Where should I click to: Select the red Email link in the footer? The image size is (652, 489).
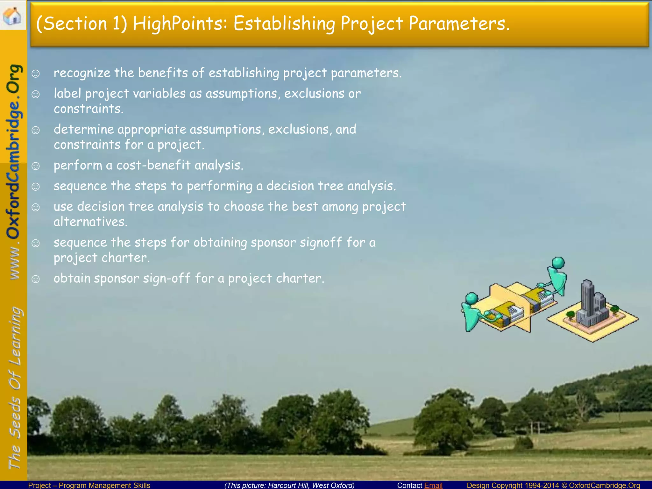pyautogui.click(x=433, y=485)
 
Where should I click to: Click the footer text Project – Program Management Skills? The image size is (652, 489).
pyautogui.click(x=89, y=485)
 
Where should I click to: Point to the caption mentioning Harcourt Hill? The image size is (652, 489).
pyautogui.click(x=289, y=485)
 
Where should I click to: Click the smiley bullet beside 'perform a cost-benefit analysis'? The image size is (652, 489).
pyautogui.click(x=36, y=166)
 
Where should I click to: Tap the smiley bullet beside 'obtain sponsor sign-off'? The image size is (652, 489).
pyautogui.click(x=36, y=279)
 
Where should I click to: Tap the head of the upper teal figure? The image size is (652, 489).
pyautogui.click(x=558, y=263)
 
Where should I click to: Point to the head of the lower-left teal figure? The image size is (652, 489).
pyautogui.click(x=471, y=299)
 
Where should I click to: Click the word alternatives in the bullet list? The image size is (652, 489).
pyautogui.click(x=90, y=222)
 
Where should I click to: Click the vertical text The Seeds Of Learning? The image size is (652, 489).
pyautogui.click(x=14, y=388)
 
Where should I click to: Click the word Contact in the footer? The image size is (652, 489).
pyautogui.click(x=409, y=485)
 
